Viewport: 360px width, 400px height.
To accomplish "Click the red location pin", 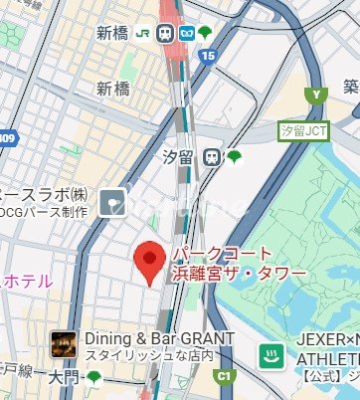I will (x=149, y=261).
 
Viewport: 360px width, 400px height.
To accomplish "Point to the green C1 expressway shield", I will (x=224, y=376).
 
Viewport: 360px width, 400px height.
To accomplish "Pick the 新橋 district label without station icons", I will (x=112, y=89).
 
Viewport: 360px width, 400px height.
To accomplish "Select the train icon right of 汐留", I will (x=211, y=156).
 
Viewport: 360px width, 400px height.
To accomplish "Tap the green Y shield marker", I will (x=316, y=96).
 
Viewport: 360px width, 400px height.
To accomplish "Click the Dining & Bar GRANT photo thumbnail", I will (x=64, y=344).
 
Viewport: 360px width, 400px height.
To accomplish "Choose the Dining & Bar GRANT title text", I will (x=159, y=337).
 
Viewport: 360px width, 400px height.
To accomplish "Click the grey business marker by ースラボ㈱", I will (x=112, y=202).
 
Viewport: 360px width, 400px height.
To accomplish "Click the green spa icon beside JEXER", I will (x=270, y=355).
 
